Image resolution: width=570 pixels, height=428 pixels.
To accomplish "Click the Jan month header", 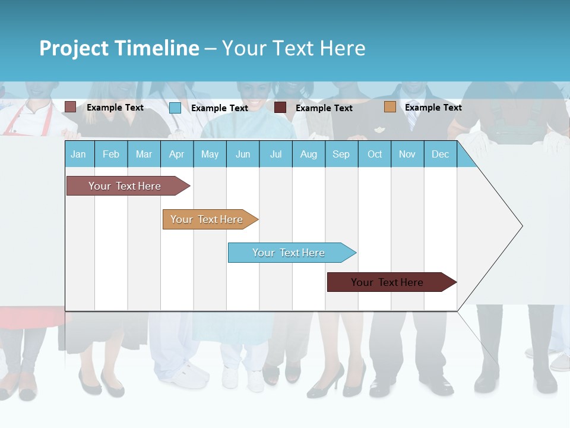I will pos(78,155).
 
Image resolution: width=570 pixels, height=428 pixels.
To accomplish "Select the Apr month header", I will pos(176,155).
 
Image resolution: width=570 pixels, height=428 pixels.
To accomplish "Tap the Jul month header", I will pos(275,155).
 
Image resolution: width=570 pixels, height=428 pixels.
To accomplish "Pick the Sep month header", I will pos(341,155).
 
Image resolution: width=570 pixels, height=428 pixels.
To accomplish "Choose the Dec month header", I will pos(440,155).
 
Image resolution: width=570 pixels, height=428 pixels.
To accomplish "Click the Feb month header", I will pos(111,155).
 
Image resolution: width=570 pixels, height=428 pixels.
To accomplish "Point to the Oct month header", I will pos(375,155).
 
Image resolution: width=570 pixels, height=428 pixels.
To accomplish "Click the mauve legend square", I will pos(70,107).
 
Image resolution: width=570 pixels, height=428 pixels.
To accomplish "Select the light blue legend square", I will pos(175,108).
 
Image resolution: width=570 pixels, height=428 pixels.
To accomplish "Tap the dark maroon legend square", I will pos(280,108).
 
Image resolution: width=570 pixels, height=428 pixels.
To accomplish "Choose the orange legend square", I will pos(389,107).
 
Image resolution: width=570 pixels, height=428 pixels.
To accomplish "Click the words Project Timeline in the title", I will pos(119,48).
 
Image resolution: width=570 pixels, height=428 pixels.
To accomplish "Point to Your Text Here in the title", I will pos(293,48).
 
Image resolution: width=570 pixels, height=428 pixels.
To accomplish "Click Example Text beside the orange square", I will pos(433,108).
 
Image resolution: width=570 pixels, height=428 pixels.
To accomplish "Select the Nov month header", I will pos(407,155).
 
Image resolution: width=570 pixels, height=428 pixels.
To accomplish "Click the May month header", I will pos(210,155).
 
